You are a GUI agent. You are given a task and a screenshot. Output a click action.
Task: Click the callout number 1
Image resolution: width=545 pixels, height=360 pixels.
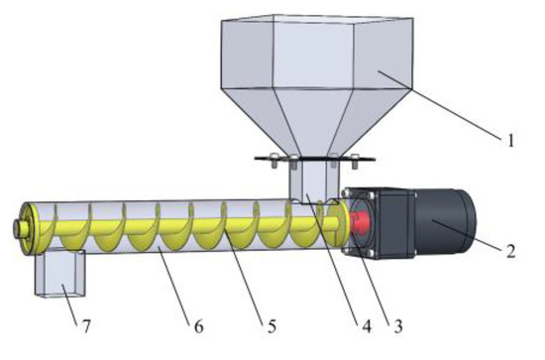click(x=512, y=141)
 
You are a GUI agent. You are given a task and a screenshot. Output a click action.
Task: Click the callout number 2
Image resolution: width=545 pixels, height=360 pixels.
click(x=511, y=250)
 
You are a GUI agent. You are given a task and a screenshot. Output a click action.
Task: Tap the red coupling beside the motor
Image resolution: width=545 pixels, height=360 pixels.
click(x=365, y=220)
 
